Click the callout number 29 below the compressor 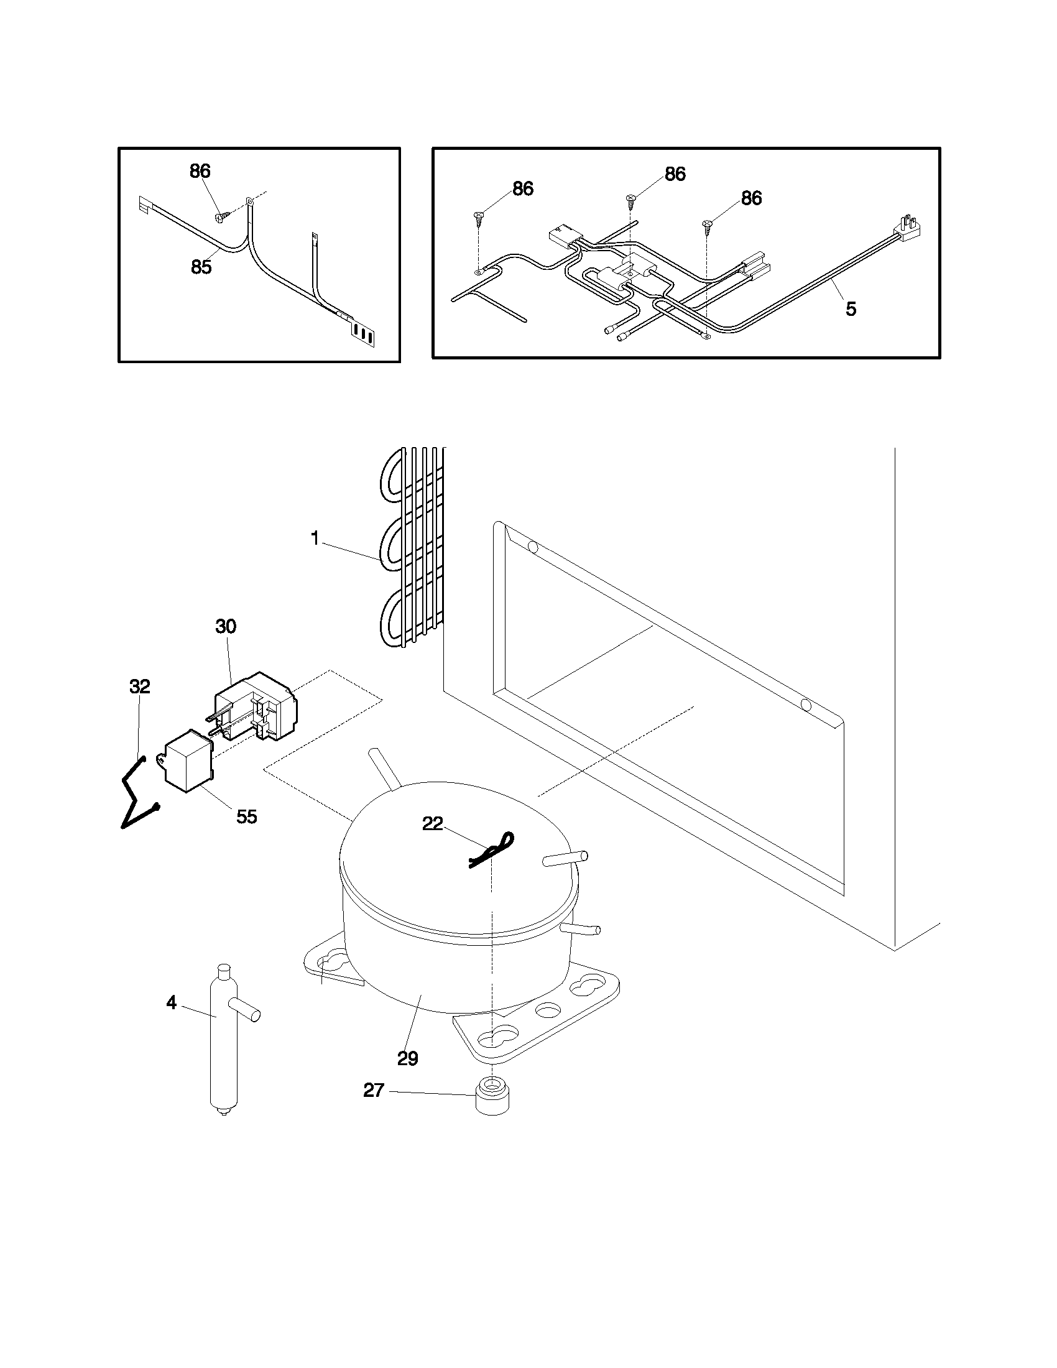408,1058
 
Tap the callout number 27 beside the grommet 373,1091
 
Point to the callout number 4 172,1003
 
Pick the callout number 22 433,824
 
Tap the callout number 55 246,816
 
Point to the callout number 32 140,686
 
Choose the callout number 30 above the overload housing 226,626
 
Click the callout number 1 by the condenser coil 315,538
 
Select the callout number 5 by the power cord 851,309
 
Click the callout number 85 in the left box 201,267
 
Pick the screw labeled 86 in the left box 221,216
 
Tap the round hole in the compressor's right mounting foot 548,1010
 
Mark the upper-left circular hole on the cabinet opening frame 533,547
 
